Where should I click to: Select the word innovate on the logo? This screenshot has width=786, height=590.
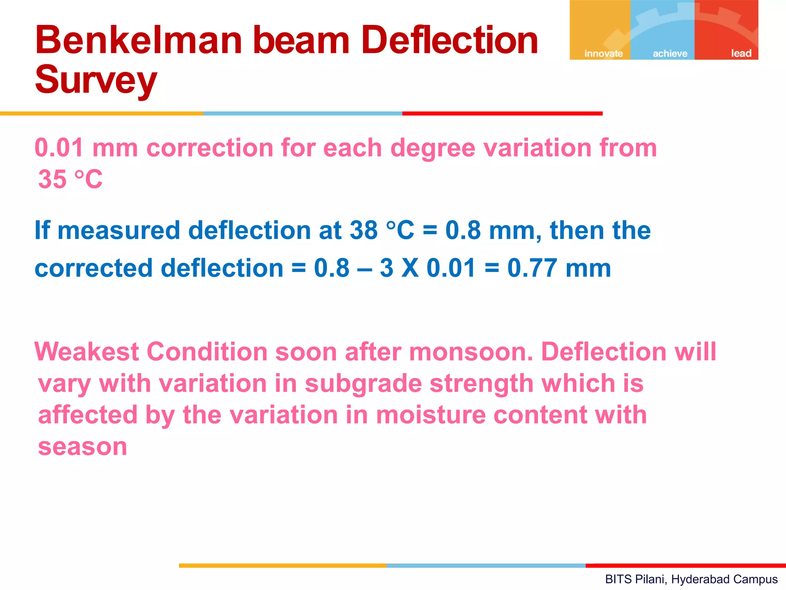[603, 53]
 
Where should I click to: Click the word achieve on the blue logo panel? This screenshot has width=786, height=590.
[670, 53]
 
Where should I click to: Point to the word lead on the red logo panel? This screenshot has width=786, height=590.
[741, 53]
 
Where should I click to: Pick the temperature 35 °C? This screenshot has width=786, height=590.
[70, 179]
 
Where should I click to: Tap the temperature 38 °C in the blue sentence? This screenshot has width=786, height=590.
[382, 230]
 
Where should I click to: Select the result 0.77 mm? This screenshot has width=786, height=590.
[559, 268]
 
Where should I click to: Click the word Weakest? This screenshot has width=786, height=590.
[86, 351]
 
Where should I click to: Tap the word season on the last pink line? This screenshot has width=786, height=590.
[83, 447]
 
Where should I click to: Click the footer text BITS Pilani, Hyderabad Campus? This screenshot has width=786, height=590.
[691, 579]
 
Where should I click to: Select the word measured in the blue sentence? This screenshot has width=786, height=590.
[119, 230]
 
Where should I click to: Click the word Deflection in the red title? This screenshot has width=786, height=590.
[450, 40]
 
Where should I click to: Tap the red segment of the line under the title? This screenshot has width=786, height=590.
[502, 114]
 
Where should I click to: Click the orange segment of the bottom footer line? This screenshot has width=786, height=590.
[282, 565]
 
